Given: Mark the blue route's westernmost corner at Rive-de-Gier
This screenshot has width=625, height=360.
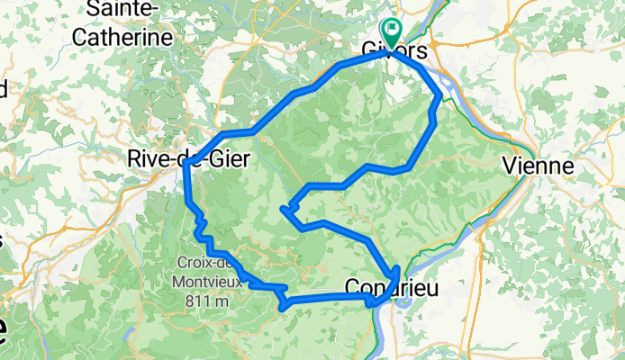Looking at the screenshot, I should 186,164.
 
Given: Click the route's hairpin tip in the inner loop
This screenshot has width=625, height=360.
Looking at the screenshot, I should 285,211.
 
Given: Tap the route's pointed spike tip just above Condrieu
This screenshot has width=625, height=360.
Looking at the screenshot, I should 396,267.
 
